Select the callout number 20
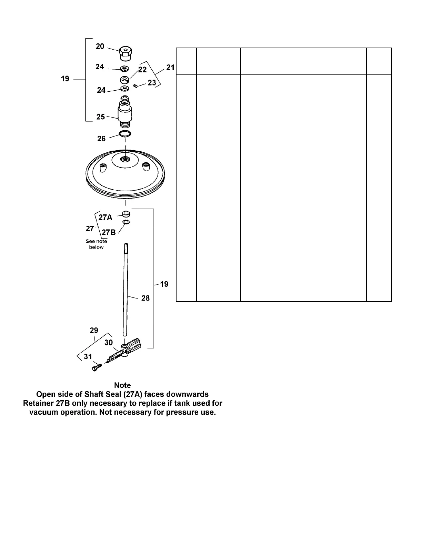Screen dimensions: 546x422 click(x=100, y=46)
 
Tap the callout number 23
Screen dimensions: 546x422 click(x=152, y=83)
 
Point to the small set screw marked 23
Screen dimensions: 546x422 click(x=135, y=86)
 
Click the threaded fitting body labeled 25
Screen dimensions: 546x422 click(x=125, y=111)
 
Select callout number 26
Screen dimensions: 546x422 click(x=101, y=139)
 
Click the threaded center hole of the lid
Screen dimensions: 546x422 click(x=125, y=160)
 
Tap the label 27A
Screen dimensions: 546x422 click(x=105, y=218)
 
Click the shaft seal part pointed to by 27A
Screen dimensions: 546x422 click(x=126, y=214)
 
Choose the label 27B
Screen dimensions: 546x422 click(x=108, y=232)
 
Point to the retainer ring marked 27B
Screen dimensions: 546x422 click(x=126, y=222)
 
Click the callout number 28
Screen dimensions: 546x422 click(x=145, y=298)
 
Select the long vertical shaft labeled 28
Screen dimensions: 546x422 click(x=126, y=290)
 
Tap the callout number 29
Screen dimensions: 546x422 click(x=94, y=330)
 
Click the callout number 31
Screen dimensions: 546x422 click(x=88, y=356)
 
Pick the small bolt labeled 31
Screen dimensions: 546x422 click(x=96, y=367)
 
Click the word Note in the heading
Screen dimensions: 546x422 click(x=122, y=385)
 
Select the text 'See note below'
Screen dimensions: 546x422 click(x=96, y=244)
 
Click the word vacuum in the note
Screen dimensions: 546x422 click(x=43, y=412)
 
